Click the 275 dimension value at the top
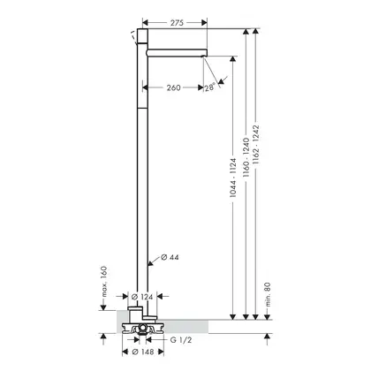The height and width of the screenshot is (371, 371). pyautogui.click(x=177, y=23)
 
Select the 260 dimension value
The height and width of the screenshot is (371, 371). pyautogui.click(x=173, y=87)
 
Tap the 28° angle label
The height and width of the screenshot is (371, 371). pyautogui.click(x=210, y=87)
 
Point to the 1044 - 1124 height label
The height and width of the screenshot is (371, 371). pyautogui.click(x=233, y=178)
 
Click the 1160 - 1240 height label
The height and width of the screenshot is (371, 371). pyautogui.click(x=246, y=157)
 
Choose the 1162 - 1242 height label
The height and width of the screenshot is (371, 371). pyautogui.click(x=256, y=145)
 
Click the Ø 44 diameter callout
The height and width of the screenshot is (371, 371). pyautogui.click(x=170, y=257)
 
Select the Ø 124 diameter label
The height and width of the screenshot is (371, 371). pyautogui.click(x=142, y=297)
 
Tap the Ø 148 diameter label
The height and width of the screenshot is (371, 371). pyautogui.click(x=143, y=352)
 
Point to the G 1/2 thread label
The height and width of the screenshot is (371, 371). pyautogui.click(x=181, y=340)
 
